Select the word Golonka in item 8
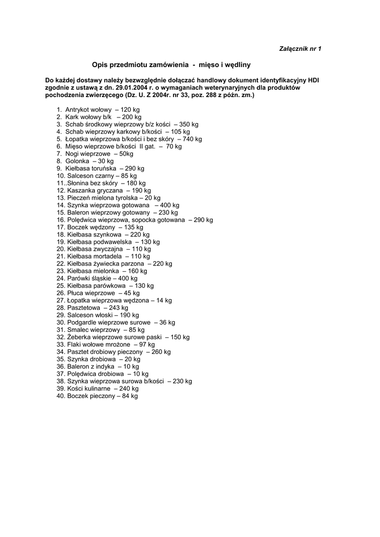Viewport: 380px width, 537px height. tap(77, 161)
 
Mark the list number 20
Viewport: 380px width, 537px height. tap(60, 249)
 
